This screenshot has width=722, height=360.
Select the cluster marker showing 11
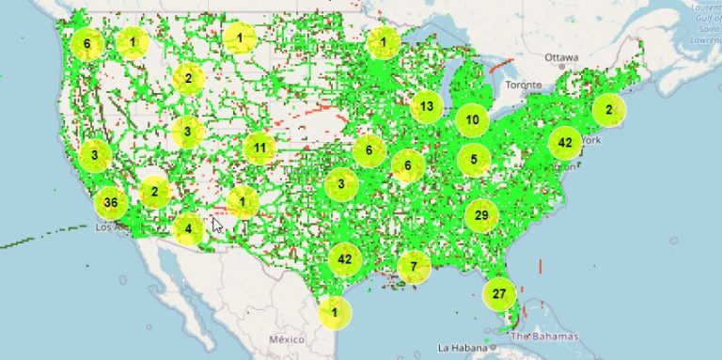click(x=259, y=149)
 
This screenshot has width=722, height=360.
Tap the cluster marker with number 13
click(x=427, y=106)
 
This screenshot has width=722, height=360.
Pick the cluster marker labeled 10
click(x=472, y=120)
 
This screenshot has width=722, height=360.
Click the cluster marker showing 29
click(x=481, y=216)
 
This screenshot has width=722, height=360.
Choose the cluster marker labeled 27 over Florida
click(x=499, y=294)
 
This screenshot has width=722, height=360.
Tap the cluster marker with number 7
click(x=413, y=267)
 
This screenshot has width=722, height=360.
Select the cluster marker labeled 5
click(x=474, y=160)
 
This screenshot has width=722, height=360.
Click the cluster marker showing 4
click(x=188, y=228)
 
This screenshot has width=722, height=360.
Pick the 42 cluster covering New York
click(x=564, y=143)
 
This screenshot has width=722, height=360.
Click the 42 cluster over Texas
click(x=344, y=258)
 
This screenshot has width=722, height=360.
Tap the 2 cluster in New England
click(x=609, y=110)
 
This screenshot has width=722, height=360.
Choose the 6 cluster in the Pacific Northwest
click(x=86, y=43)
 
